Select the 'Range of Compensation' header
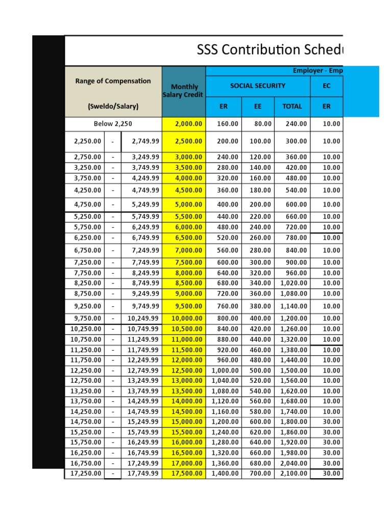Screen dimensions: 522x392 [113, 81]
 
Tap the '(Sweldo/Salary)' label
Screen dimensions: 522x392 [113, 107]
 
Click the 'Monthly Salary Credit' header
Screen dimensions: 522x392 [184, 91]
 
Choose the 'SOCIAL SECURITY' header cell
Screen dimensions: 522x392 [258, 86]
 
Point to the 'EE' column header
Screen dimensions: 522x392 [258, 107]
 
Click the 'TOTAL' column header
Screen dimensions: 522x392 [292, 107]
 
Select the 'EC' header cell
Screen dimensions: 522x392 [327, 86]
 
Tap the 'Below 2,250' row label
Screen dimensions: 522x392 [113, 124]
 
